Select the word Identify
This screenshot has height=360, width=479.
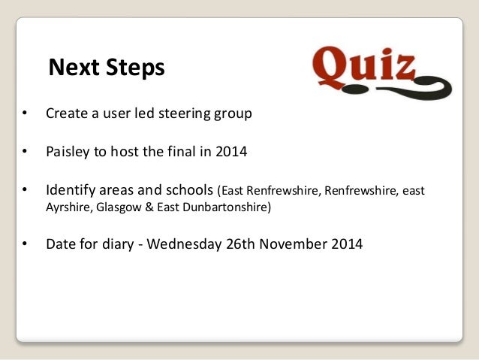pos(71,189)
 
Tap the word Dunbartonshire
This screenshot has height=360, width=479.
pos(232,207)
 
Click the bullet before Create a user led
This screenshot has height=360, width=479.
pos(25,115)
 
